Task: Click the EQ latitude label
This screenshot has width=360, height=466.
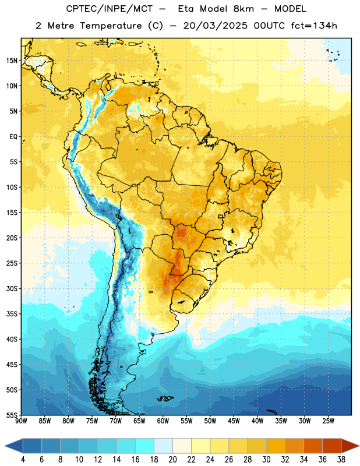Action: [x=13, y=137]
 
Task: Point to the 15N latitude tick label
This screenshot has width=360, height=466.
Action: [x=12, y=61]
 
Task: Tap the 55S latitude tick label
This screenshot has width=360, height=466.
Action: [x=12, y=415]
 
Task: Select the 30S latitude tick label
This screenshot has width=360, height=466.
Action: [x=12, y=288]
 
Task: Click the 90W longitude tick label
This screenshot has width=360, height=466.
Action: [x=21, y=421]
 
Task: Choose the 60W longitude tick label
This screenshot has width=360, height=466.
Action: [x=163, y=421]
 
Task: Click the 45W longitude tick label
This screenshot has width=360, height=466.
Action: [x=234, y=421]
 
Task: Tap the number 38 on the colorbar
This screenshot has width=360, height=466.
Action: [x=341, y=460]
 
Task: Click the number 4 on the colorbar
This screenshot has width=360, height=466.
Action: [x=23, y=460]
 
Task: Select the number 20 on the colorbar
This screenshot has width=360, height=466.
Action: [x=172, y=460]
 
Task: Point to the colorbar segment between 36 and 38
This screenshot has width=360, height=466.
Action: [x=332, y=446]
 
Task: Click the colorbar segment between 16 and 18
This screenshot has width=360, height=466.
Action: [x=145, y=446]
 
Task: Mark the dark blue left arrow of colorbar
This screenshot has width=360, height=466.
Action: [x=13, y=446]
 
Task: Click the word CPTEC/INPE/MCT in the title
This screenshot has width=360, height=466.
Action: [x=110, y=9]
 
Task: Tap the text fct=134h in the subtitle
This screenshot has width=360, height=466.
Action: [x=314, y=26]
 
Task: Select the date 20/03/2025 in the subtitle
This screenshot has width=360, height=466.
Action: [x=215, y=26]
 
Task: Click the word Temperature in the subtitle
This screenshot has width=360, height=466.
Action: [x=111, y=26]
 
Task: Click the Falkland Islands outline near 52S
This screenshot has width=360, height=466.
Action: [x=165, y=398]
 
